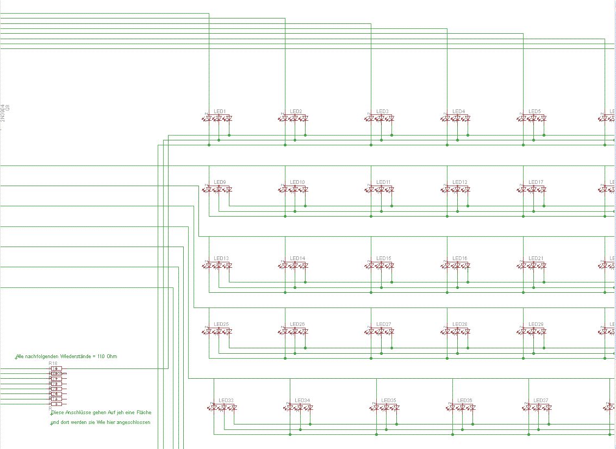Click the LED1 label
(220, 112)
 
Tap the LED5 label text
(534, 112)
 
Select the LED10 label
(297, 182)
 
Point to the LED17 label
(536, 182)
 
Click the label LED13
(221, 258)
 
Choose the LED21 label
(536, 258)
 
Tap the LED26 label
(297, 324)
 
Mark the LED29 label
(536, 324)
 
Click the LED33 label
(226, 401)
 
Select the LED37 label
(540, 401)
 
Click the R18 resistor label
(53, 363)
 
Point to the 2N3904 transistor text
(3, 112)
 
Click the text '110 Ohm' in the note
(107, 356)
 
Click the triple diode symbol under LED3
(381, 118)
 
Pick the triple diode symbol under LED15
(381, 265)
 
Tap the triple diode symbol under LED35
(385, 407)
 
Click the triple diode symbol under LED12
(457, 189)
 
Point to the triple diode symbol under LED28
(457, 331)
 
